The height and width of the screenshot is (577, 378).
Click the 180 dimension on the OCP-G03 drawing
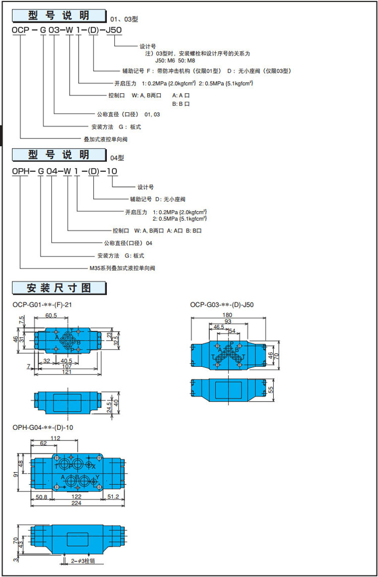228,315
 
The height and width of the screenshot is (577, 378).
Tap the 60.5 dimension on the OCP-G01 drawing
51,315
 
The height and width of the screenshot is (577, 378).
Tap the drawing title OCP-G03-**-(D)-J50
222,304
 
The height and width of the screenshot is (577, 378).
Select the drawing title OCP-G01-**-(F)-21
45,304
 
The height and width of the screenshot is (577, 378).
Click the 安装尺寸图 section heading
59,288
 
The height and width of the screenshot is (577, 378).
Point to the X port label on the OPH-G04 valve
93,467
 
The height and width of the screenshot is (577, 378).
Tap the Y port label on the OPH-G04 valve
97,477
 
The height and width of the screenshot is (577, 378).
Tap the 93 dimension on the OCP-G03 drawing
228,322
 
